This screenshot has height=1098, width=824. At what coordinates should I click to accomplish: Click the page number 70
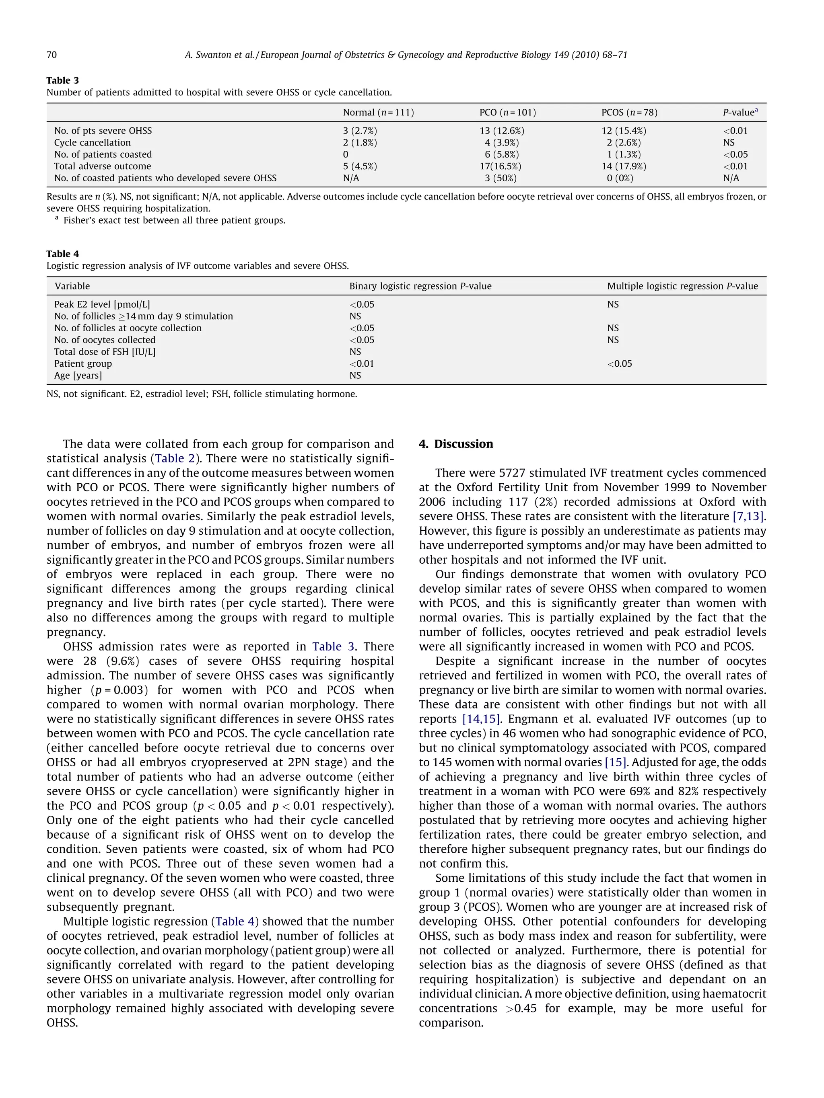tap(51, 55)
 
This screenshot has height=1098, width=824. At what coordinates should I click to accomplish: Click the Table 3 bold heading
tap(63, 80)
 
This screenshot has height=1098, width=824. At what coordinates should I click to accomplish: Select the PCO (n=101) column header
tap(507, 112)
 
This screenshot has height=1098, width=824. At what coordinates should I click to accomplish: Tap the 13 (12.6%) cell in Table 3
tap(502, 131)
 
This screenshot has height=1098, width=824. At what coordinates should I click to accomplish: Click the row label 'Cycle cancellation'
tap(93, 142)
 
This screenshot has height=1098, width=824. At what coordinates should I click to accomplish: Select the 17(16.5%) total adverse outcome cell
tap(500, 166)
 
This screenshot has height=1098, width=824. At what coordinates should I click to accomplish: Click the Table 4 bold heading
tap(63, 254)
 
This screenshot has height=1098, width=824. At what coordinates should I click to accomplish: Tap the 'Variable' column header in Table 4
tap(72, 286)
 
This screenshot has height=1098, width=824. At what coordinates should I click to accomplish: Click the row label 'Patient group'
tap(83, 363)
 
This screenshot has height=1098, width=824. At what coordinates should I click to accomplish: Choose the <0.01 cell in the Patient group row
tap(362, 363)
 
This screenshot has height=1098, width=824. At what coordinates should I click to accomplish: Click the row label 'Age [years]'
tap(78, 375)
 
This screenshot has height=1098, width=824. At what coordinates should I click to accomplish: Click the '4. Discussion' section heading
tap(455, 444)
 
